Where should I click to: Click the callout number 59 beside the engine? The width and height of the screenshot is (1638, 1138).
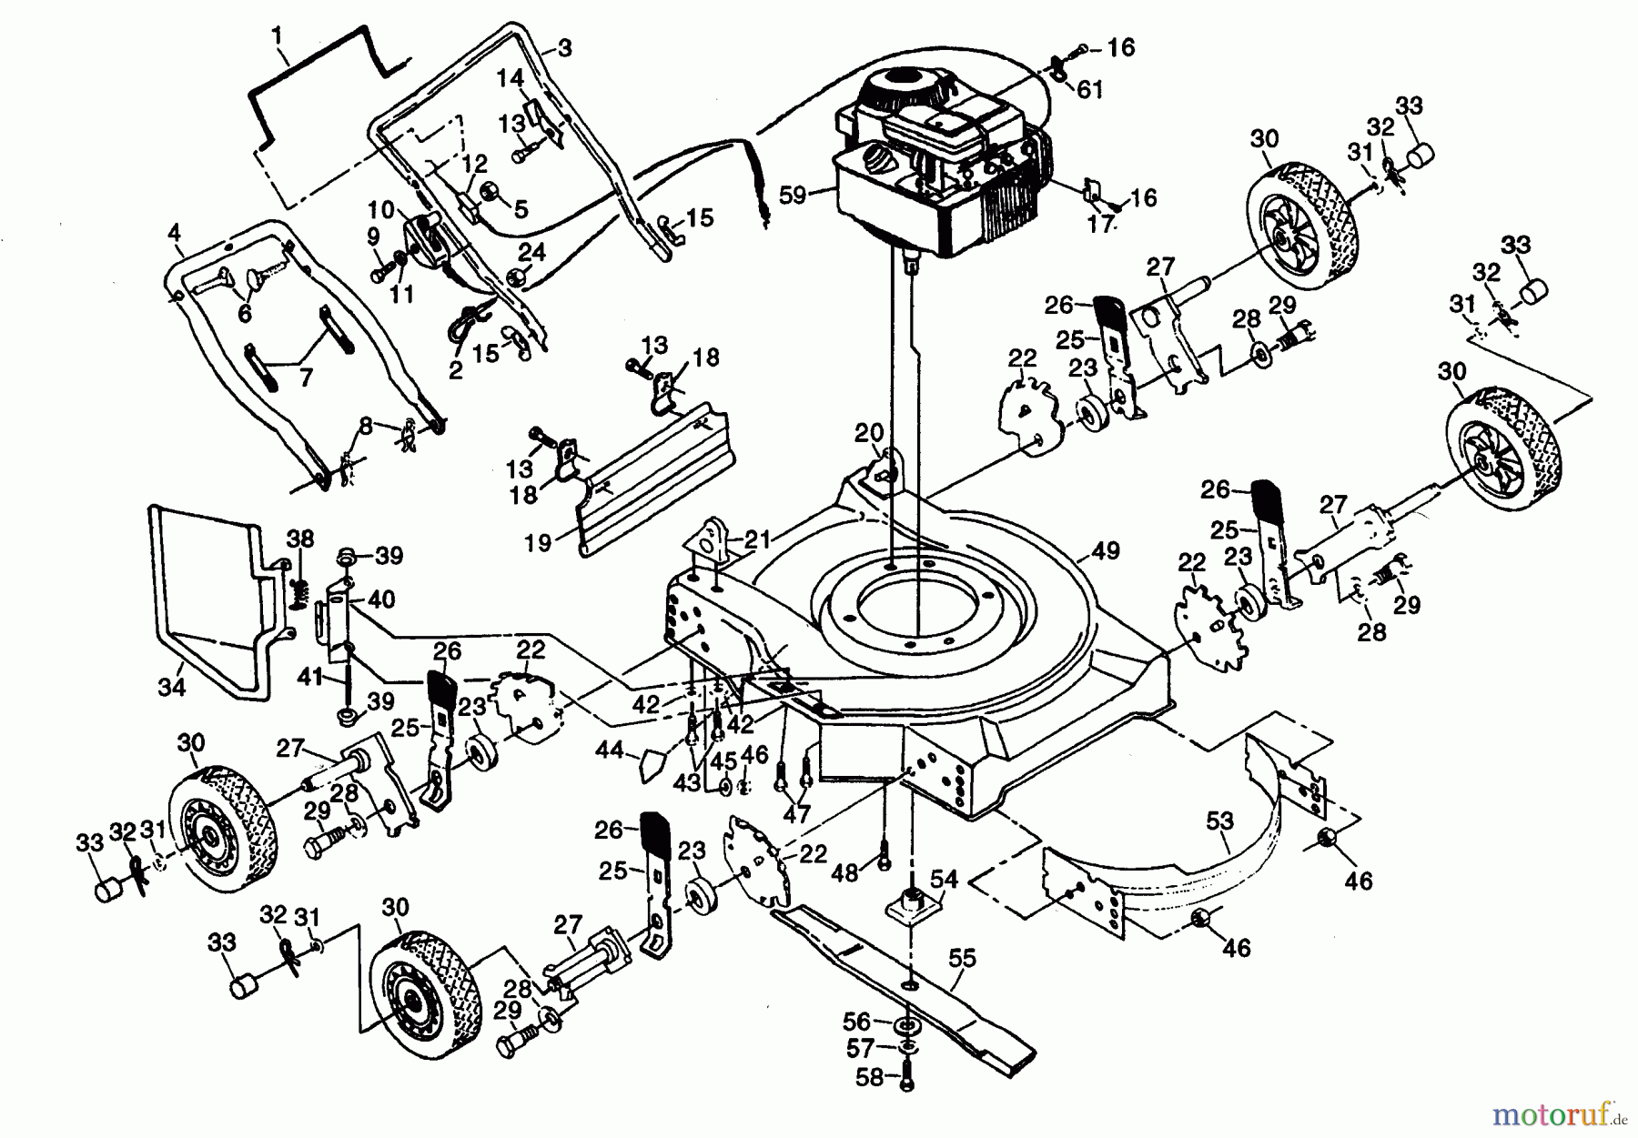pyautogui.click(x=793, y=195)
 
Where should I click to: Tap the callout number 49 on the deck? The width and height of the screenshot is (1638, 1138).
pyautogui.click(x=1106, y=550)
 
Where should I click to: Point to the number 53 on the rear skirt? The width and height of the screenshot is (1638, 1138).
pyautogui.click(x=1219, y=821)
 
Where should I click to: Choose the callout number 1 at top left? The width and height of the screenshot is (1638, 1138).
pyautogui.click(x=278, y=36)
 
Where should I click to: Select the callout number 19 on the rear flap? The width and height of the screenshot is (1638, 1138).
pyautogui.click(x=539, y=543)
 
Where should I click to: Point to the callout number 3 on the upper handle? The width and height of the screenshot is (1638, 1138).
pyautogui.click(x=564, y=49)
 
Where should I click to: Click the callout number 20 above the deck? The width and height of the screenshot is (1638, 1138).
pyautogui.click(x=869, y=431)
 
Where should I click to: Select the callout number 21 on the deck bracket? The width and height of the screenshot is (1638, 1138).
pyautogui.click(x=758, y=539)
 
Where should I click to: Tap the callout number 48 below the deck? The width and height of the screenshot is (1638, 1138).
pyautogui.click(x=844, y=873)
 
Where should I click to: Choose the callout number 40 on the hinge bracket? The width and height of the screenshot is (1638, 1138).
pyautogui.click(x=381, y=600)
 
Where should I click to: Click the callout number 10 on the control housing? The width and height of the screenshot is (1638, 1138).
pyautogui.click(x=382, y=211)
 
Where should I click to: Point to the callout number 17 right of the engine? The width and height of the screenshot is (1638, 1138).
pyautogui.click(x=1101, y=225)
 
